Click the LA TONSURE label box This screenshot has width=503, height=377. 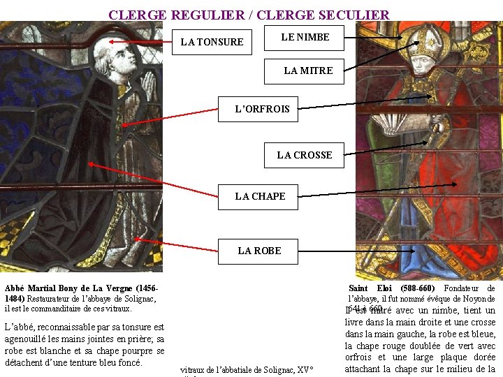click(x=212, y=42)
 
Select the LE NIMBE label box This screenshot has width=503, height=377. click(x=305, y=37)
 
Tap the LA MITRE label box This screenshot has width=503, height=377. click(x=308, y=71)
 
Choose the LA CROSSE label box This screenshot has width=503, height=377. click(x=304, y=155)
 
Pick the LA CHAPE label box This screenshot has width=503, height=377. click(x=260, y=196)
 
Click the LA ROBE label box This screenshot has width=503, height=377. click(x=259, y=251)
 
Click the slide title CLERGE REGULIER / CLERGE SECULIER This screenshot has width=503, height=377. click(x=249, y=15)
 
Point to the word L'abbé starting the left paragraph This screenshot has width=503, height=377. click(x=18, y=327)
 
